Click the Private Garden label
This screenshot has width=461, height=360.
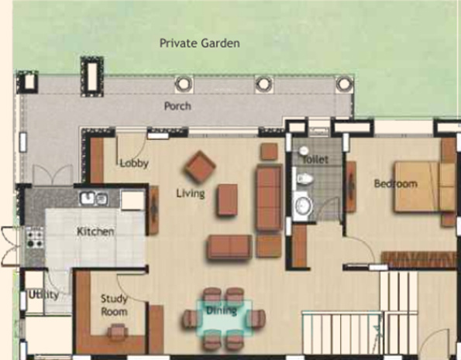(x=199, y=43)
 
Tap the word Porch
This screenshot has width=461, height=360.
(x=177, y=106)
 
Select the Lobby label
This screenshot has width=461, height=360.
(x=134, y=163)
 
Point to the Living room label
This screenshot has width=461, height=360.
(x=190, y=194)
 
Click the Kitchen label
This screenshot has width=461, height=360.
(x=95, y=231)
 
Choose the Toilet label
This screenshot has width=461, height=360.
(x=315, y=159)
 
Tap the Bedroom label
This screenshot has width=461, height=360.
(x=395, y=184)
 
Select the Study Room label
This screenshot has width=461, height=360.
(x=114, y=305)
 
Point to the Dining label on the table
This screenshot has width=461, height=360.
(x=221, y=311)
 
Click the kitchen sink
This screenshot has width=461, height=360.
(x=94, y=199)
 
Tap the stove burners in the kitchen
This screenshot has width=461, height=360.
(x=34, y=235)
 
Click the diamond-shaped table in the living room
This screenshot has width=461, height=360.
(x=200, y=164)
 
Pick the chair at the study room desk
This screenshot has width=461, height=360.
(x=116, y=332)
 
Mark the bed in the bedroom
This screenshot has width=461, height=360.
(x=419, y=186)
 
